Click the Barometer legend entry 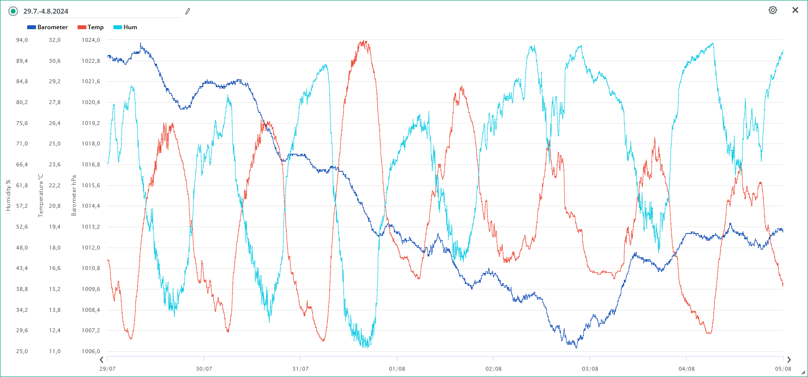48,27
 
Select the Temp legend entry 91,27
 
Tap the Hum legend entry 125,27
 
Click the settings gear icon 773,10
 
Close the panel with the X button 795,10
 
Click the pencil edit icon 188,11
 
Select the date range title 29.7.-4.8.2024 46,11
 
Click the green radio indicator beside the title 13,11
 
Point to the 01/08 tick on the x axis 397,369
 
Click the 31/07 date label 300,369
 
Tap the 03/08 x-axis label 590,369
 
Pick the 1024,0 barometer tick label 91,40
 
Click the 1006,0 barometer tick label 91,351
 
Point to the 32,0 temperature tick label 54,40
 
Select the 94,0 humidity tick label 22,40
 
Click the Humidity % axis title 8,196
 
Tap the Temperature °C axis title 41,196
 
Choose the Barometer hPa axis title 74,196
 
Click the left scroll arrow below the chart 102,360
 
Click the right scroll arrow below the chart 789,360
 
